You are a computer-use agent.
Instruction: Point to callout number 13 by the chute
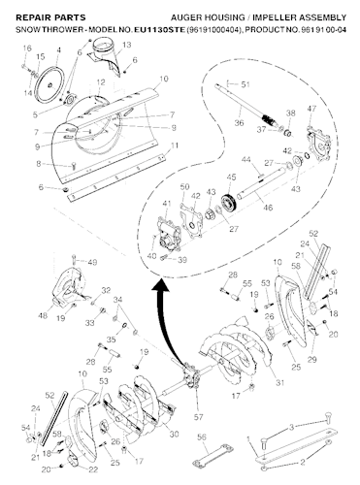(127, 46)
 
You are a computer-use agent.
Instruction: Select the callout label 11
(175, 145)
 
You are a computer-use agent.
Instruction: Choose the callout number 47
(311, 109)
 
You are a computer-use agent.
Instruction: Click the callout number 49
(93, 262)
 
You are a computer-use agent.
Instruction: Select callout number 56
(202, 437)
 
